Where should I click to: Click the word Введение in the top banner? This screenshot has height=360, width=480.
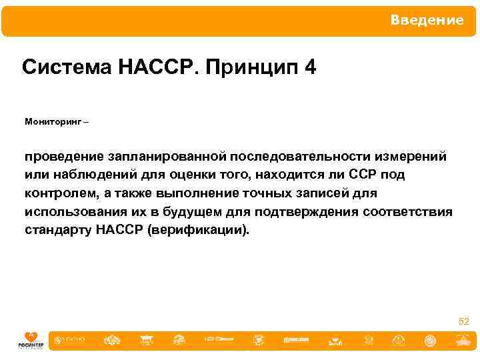(427, 21)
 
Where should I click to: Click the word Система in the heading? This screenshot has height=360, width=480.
(59, 68)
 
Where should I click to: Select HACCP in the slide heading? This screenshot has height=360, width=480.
(149, 68)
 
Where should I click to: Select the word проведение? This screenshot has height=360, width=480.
(62, 157)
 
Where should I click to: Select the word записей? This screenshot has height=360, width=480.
(328, 193)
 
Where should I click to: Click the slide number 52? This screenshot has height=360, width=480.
(463, 322)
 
